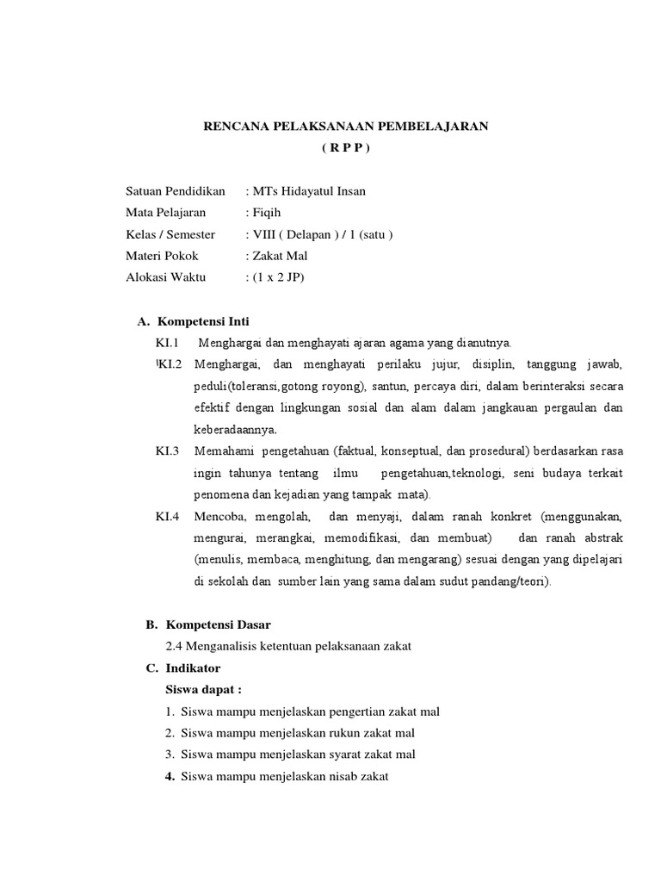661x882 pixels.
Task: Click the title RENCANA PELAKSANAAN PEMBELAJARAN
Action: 345,127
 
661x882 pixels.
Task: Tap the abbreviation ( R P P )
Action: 345,148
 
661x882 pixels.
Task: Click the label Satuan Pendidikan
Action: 175,191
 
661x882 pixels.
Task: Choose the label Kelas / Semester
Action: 171,234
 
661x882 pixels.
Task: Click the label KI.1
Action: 166,343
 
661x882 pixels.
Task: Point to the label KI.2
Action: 170,364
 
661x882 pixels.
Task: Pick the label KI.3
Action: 167,450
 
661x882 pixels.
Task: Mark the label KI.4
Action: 167,517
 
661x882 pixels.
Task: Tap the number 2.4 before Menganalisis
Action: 173,646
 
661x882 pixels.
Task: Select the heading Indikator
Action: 192,668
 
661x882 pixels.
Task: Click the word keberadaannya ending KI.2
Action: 234,428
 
